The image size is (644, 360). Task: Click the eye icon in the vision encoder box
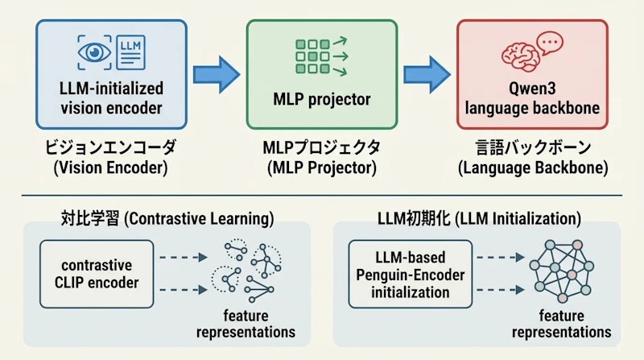pyautogui.click(x=93, y=52)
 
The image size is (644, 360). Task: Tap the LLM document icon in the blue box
pyautogui.click(x=132, y=52)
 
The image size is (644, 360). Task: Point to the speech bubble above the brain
pyautogui.click(x=550, y=42)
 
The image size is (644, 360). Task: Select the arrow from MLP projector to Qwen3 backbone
pyautogui.click(x=426, y=75)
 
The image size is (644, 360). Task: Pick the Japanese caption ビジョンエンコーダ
pyautogui.click(x=111, y=150)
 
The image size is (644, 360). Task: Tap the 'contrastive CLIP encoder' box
pyautogui.click(x=96, y=273)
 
